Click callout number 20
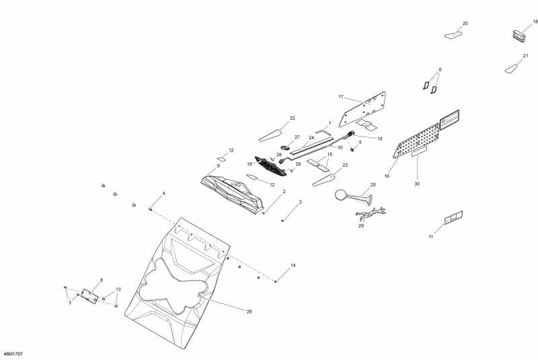(x=465, y=24)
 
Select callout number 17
(x=341, y=96)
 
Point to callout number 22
(x=293, y=118)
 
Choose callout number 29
(x=360, y=226)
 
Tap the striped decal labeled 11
(x=453, y=217)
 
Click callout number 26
(x=248, y=312)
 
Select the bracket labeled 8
(x=89, y=295)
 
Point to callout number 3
(x=69, y=303)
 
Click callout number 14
(x=293, y=265)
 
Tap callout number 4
(x=163, y=194)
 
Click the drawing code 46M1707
(x=11, y=353)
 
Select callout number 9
(x=218, y=166)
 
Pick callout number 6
(x=440, y=69)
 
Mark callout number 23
(x=345, y=165)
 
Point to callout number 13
(x=118, y=289)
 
